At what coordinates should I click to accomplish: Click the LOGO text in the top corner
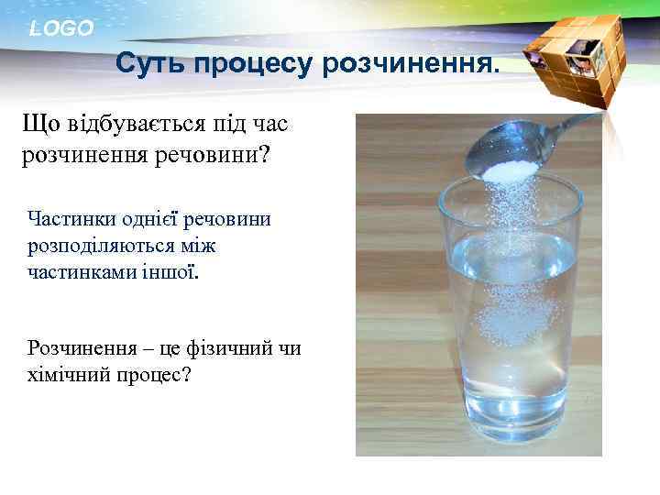click(x=61, y=28)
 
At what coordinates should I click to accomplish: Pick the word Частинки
click(x=69, y=219)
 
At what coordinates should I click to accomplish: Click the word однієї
click(x=148, y=219)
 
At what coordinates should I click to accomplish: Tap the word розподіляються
click(x=102, y=247)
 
